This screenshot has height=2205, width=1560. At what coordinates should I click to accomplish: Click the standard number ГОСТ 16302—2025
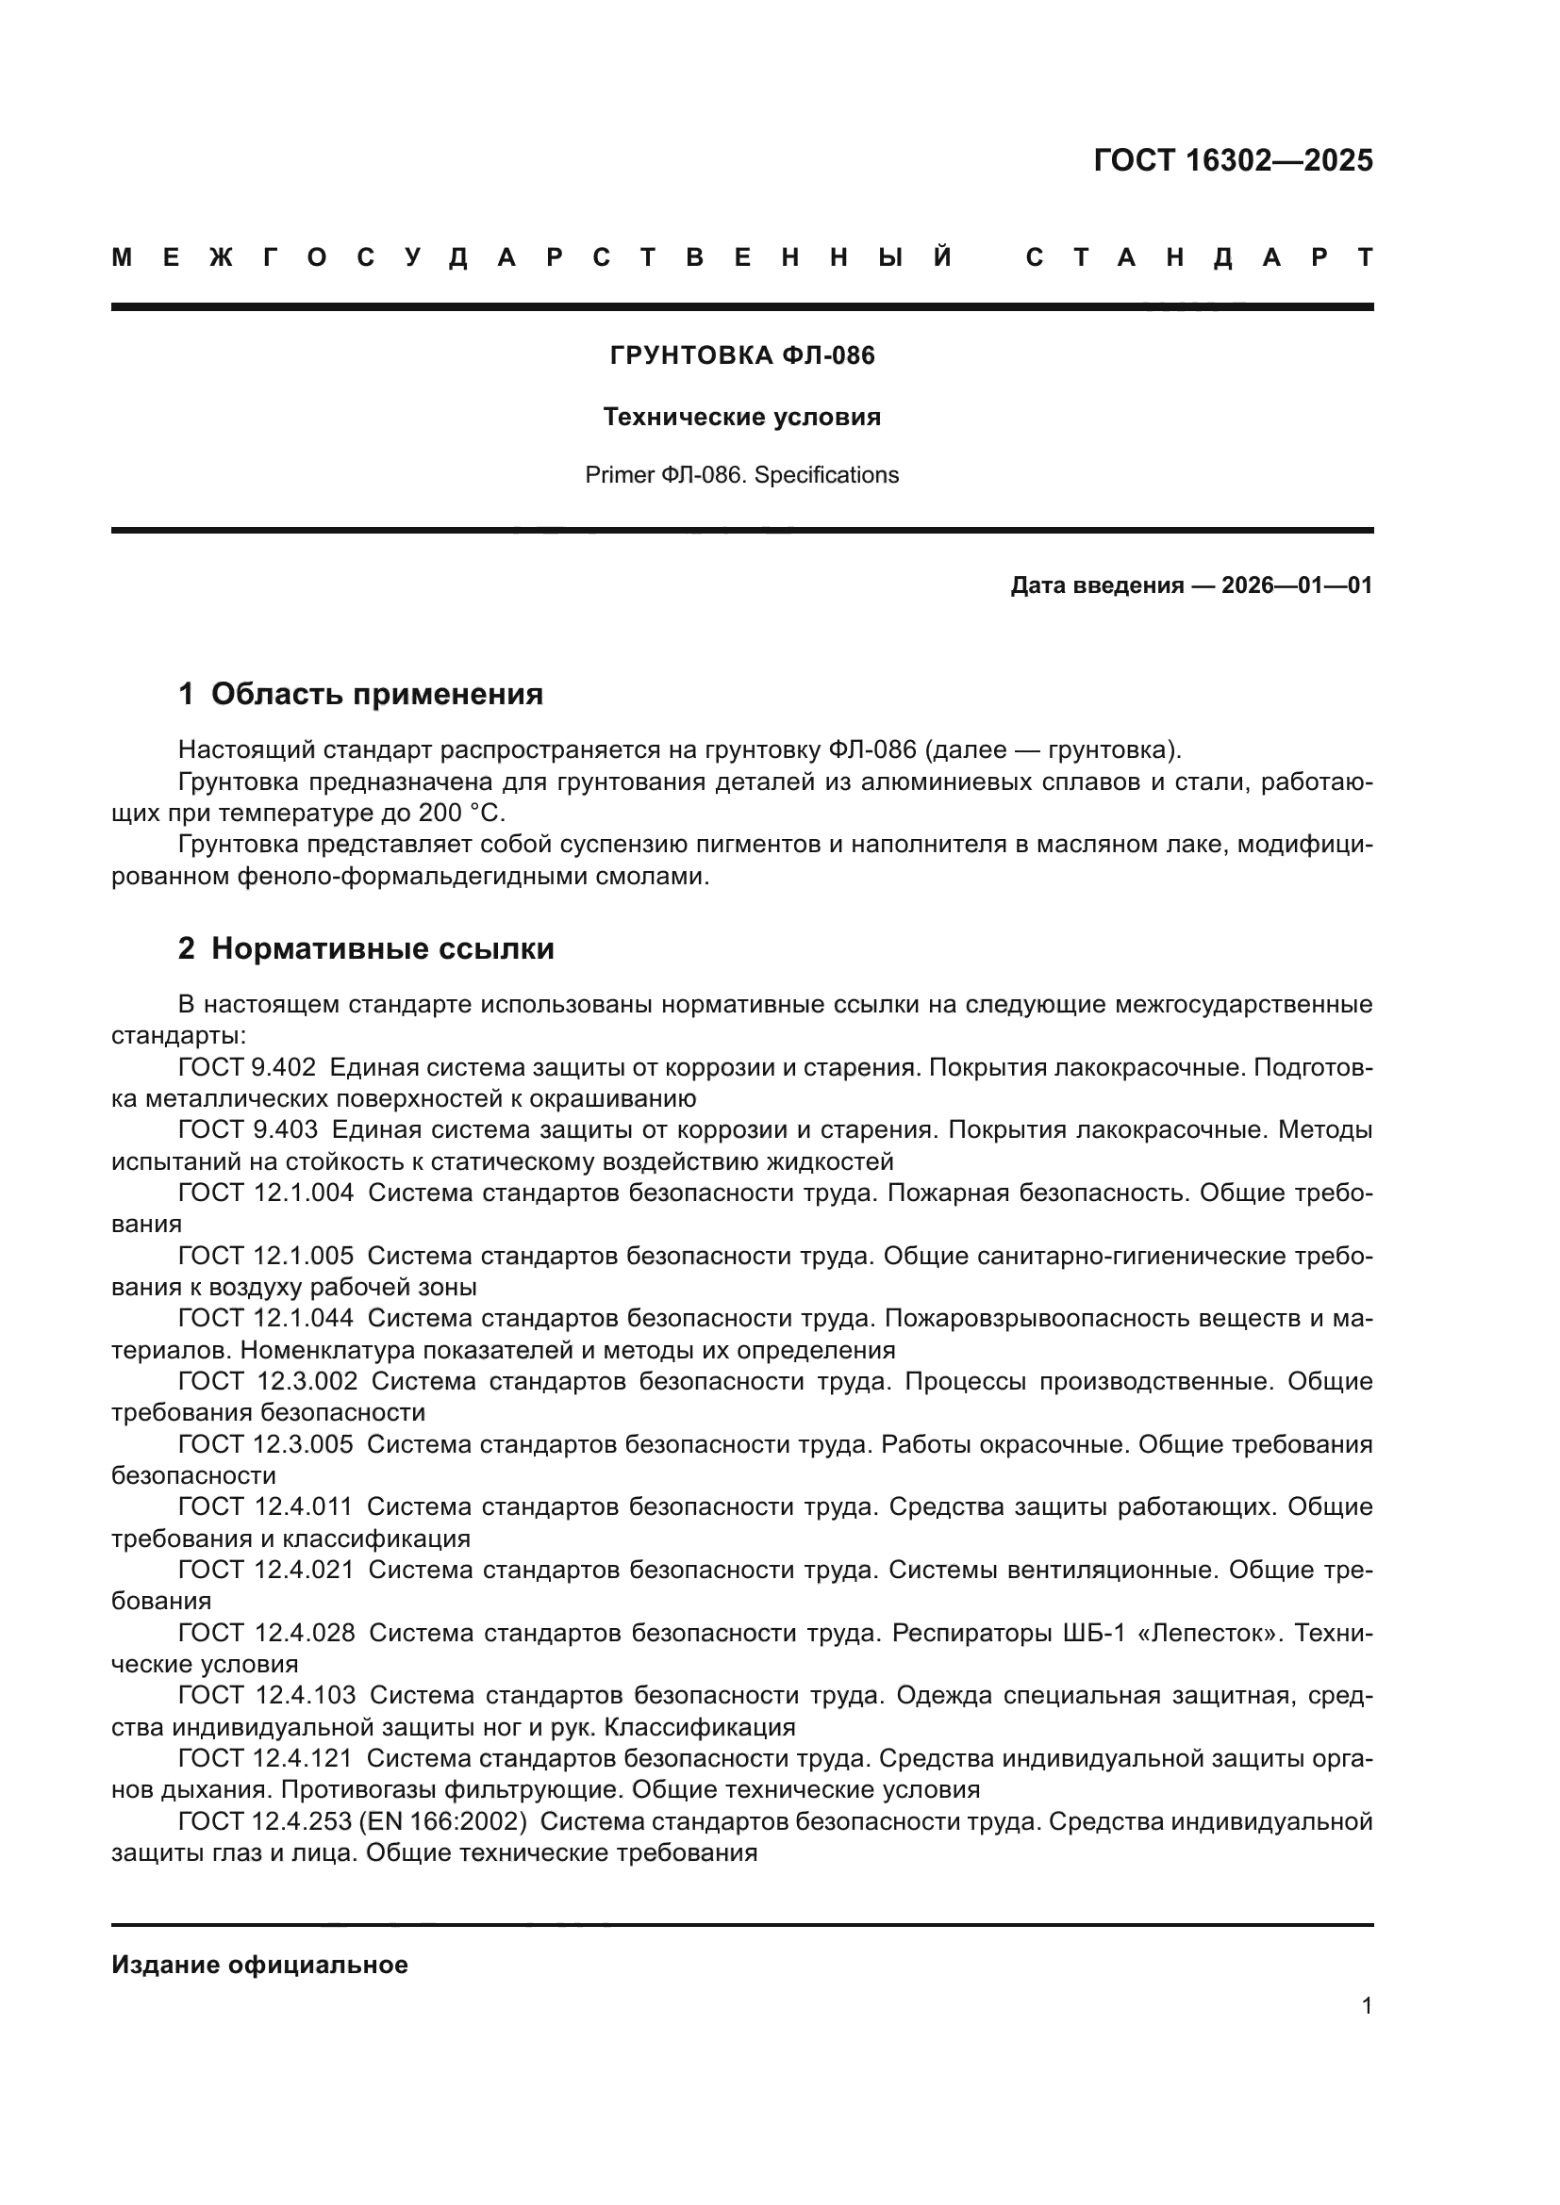(1233, 160)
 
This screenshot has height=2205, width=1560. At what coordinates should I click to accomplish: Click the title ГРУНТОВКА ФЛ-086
(742, 356)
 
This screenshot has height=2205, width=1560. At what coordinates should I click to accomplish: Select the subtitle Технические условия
(741, 418)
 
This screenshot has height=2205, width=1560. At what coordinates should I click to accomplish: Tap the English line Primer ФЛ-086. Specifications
(741, 475)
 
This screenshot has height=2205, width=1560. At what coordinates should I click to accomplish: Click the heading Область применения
(376, 695)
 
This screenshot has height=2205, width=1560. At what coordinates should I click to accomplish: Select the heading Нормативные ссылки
(382, 949)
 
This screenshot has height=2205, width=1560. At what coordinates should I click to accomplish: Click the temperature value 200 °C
(461, 814)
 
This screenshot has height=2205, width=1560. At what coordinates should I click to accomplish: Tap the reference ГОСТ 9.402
(247, 1068)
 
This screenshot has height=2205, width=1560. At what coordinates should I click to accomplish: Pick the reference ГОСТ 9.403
(247, 1130)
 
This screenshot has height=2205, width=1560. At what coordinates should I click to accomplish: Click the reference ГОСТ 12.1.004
(265, 1193)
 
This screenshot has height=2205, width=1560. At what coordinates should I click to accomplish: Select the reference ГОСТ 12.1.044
(265, 1319)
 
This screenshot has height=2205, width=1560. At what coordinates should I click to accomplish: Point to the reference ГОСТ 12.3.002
(267, 1381)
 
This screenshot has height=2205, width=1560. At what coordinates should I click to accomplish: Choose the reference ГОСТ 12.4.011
(265, 1506)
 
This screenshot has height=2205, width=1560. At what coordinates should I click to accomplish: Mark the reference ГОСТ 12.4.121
(265, 1758)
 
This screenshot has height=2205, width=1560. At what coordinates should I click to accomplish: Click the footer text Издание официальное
(259, 1966)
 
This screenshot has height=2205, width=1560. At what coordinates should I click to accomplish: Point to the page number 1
(1367, 2006)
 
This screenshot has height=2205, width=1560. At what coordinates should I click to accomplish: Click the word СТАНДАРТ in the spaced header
(1199, 257)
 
